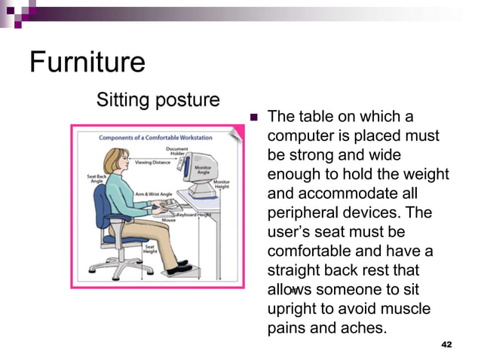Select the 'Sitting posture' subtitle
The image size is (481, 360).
pyautogui.click(x=158, y=99)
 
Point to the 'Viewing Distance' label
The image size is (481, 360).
pyautogui.click(x=152, y=162)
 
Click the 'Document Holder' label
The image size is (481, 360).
pyautogui.click(x=178, y=152)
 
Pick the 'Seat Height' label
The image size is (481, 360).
pyautogui.click(x=150, y=249)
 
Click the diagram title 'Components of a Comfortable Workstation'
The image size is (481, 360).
pyautogui.click(x=155, y=138)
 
